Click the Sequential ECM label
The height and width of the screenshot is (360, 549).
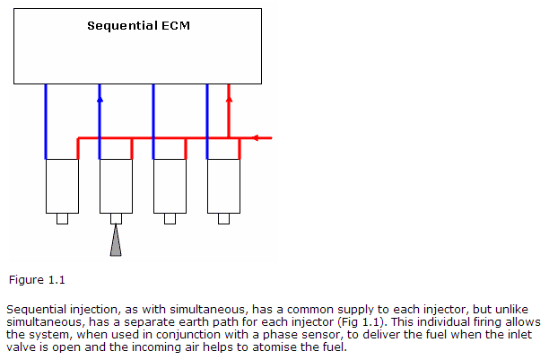[138, 25]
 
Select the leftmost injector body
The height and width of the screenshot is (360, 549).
[62, 185]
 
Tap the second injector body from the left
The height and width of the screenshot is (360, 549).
[116, 185]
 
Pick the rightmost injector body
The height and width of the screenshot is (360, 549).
[223, 185]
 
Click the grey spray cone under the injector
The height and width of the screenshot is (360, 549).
[116, 242]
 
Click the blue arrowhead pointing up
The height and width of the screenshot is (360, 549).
[100, 89]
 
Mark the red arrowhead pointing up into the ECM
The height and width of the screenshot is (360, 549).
[229, 89]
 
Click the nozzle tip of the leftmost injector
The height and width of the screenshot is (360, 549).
[62, 218]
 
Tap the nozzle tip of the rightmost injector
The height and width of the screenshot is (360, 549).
[223, 218]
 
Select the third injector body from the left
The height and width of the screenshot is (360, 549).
[170, 185]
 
